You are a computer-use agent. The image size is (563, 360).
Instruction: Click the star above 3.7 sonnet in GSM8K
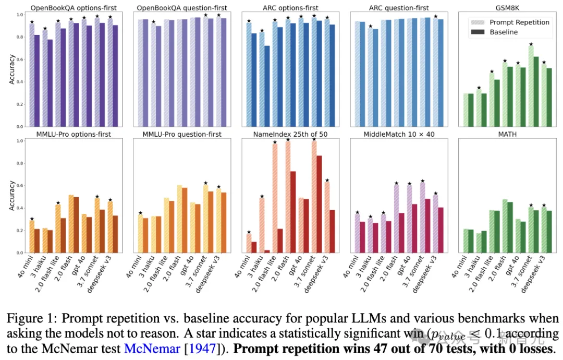point(531,45)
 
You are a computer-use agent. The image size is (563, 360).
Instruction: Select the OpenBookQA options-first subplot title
point(74,8)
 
